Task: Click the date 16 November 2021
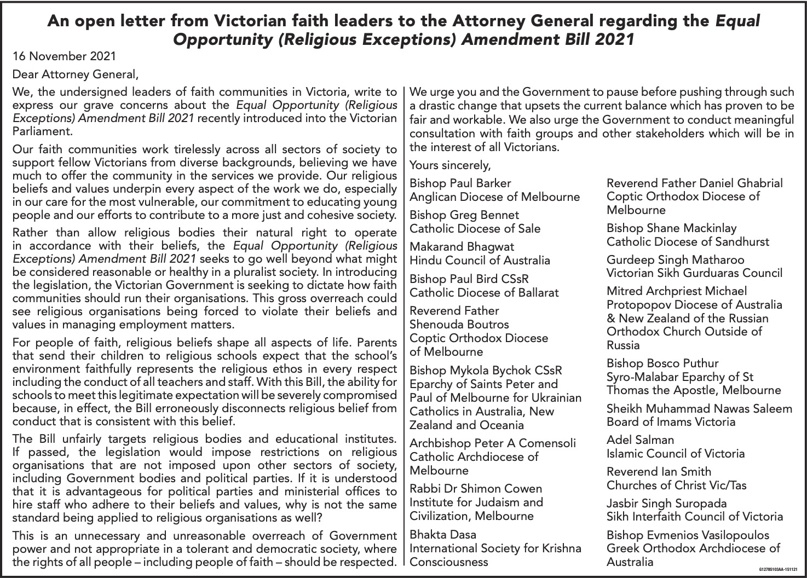64,56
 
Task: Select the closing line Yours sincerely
450,165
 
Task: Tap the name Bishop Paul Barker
460,183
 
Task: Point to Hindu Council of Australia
480,260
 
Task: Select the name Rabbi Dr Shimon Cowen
476,488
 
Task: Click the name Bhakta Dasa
443,534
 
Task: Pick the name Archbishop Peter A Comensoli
493,443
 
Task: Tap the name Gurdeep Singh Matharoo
676,259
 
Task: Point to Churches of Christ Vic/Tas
676,485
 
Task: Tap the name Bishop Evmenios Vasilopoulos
688,535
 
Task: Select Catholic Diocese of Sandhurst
688,241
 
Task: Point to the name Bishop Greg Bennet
464,215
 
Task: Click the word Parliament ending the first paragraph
42,131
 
